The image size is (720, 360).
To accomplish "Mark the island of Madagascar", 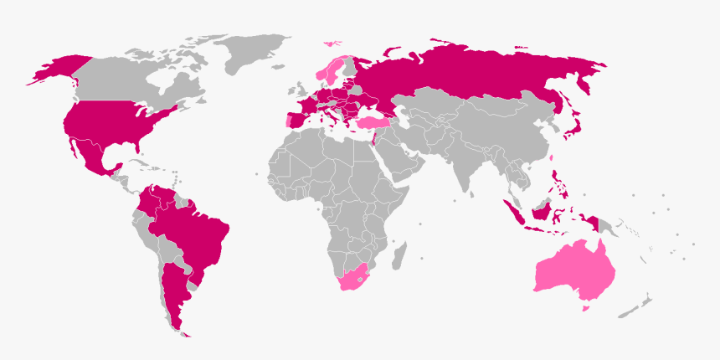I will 400,251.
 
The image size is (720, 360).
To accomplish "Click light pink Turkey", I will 373,122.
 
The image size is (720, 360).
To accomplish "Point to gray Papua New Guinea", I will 609,224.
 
